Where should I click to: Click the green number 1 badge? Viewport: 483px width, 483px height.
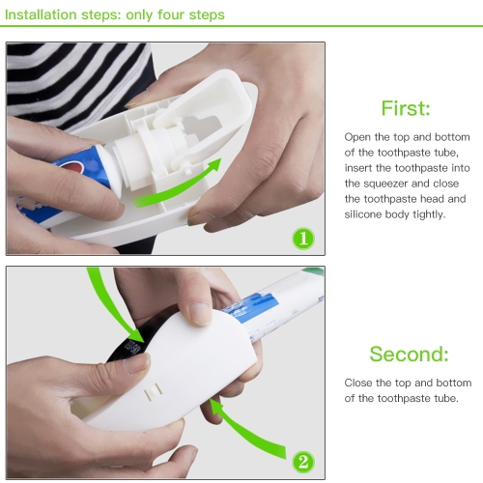[303, 239]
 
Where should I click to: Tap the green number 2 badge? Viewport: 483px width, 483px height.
[303, 462]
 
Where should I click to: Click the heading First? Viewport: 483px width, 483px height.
[406, 108]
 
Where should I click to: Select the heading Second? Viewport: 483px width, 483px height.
[409, 354]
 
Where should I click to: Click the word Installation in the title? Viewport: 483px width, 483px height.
[41, 14]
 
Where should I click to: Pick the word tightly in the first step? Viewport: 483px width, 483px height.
[429, 214]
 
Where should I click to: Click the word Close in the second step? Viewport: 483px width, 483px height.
[358, 383]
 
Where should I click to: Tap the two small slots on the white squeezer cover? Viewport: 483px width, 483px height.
[153, 391]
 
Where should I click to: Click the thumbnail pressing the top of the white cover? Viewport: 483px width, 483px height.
[200, 314]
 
